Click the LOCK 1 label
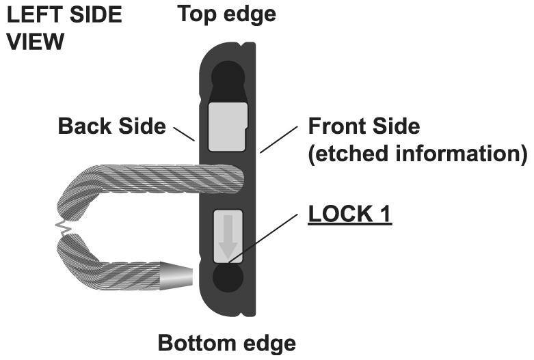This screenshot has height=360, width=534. click(349, 215)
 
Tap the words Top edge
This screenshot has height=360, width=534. click(227, 14)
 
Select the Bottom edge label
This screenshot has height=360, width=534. click(227, 343)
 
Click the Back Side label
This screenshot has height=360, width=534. click(111, 126)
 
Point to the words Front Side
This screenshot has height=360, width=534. click(364, 126)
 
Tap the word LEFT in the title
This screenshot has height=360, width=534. click(32, 15)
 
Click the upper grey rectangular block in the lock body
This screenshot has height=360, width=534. click(226, 126)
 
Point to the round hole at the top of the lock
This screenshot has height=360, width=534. click(226, 74)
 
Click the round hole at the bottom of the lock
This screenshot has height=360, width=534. click(226, 279)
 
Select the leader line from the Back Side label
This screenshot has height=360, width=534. click(184, 133)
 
